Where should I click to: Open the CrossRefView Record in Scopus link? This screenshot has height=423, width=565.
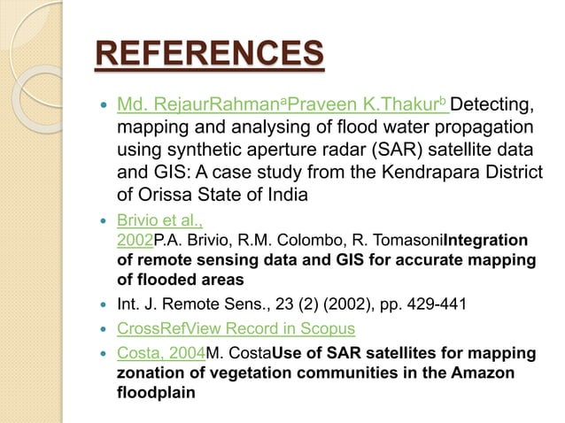coord(236,329)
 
